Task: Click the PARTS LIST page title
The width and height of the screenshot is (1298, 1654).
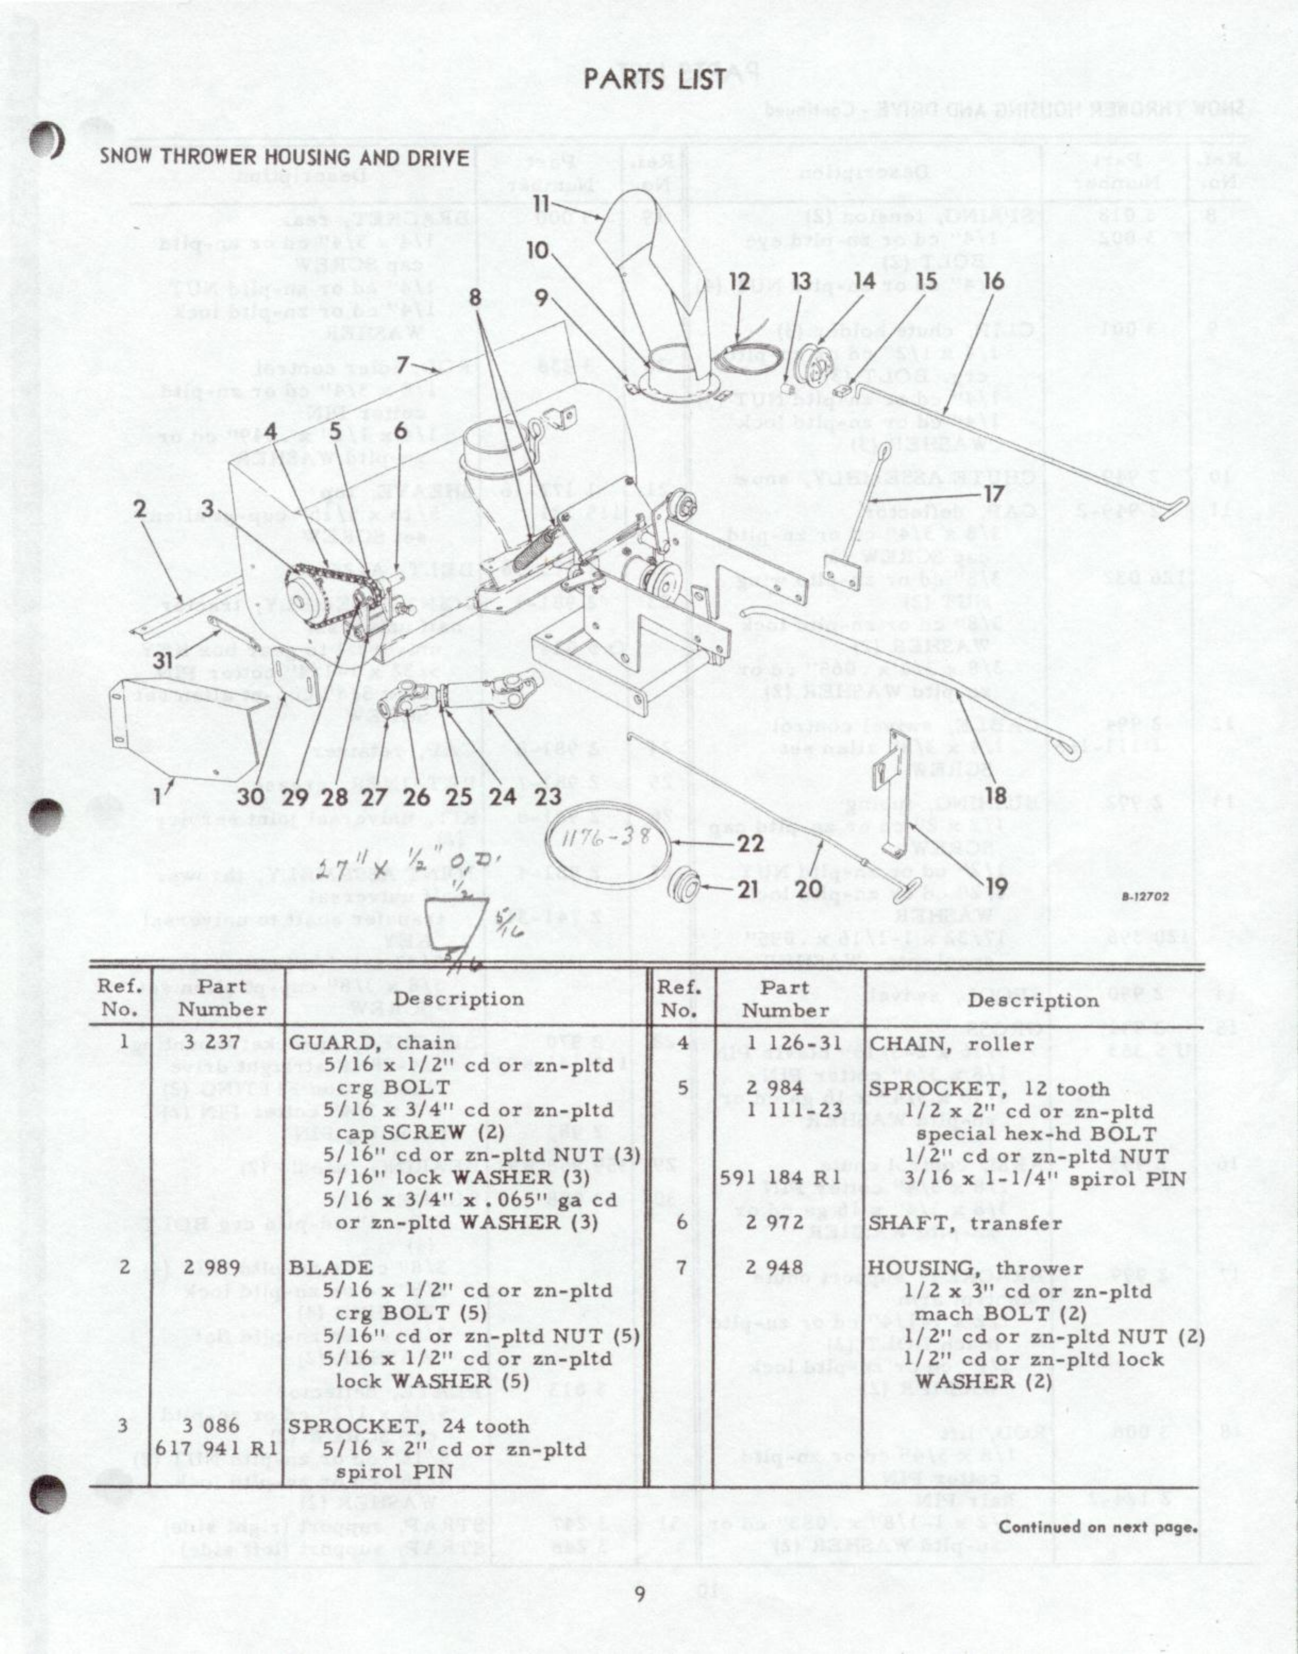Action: (655, 78)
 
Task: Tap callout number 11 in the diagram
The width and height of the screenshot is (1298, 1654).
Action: (541, 204)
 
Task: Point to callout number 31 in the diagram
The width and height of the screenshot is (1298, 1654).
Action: (163, 660)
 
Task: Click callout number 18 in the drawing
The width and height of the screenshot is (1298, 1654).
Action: (996, 795)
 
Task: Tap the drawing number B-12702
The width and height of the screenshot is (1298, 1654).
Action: (1144, 897)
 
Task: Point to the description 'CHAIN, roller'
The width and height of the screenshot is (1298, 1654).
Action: (951, 1044)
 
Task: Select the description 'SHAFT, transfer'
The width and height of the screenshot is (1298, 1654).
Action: (965, 1223)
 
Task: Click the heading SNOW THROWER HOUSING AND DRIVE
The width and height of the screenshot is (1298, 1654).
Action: (284, 157)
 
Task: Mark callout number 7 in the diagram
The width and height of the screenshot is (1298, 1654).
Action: (403, 366)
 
